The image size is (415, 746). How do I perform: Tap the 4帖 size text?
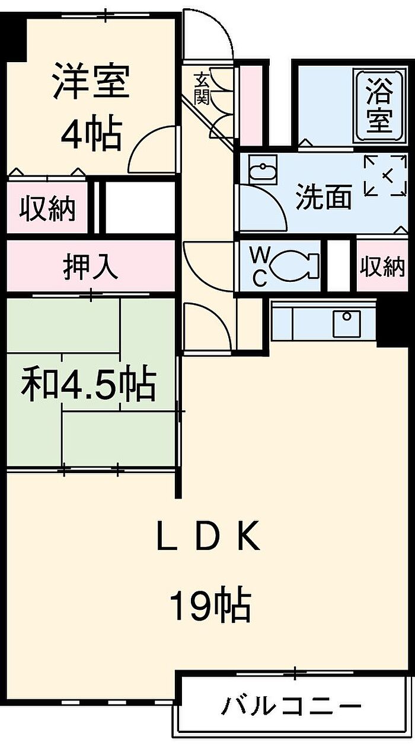point(92,135)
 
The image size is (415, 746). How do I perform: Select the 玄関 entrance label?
point(202,88)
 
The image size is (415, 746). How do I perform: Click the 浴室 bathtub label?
point(378,107)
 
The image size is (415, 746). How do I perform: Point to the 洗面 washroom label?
point(324,197)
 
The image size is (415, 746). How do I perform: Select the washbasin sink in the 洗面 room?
point(260,172)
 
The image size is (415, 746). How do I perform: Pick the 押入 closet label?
point(91,267)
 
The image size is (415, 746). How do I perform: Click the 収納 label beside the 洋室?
point(47,208)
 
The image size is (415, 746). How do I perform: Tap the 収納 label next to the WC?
point(382,267)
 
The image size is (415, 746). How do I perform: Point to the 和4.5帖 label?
point(89,385)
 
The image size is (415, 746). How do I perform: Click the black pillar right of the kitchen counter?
point(392,323)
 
